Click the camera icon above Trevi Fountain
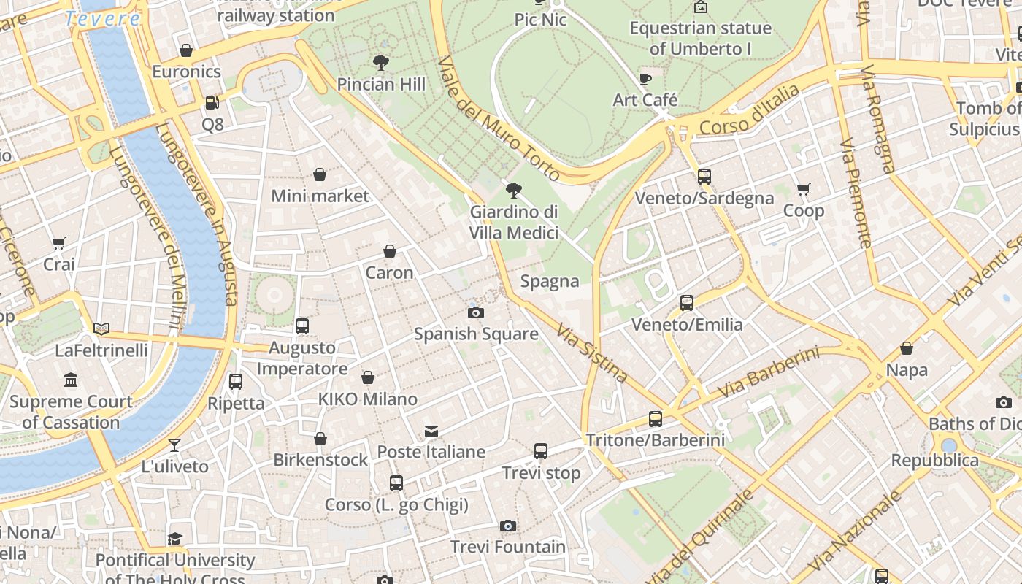tap(508, 526)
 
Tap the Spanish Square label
tap(476, 334)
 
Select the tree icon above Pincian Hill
tap(380, 62)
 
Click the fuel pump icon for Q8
tap(212, 104)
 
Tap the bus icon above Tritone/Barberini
tap(656, 419)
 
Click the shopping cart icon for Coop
tap(804, 190)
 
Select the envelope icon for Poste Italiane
tap(431, 431)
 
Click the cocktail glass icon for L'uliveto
tap(174, 445)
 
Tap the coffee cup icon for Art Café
tap(645, 79)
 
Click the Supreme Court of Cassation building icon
tap(71, 380)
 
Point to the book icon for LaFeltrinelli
tap(101, 329)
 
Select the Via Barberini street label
tap(768, 373)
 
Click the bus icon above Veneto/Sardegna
tap(704, 177)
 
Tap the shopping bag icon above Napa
tap(907, 348)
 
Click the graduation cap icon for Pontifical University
tap(174, 539)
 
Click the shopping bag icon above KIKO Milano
tap(368, 377)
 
